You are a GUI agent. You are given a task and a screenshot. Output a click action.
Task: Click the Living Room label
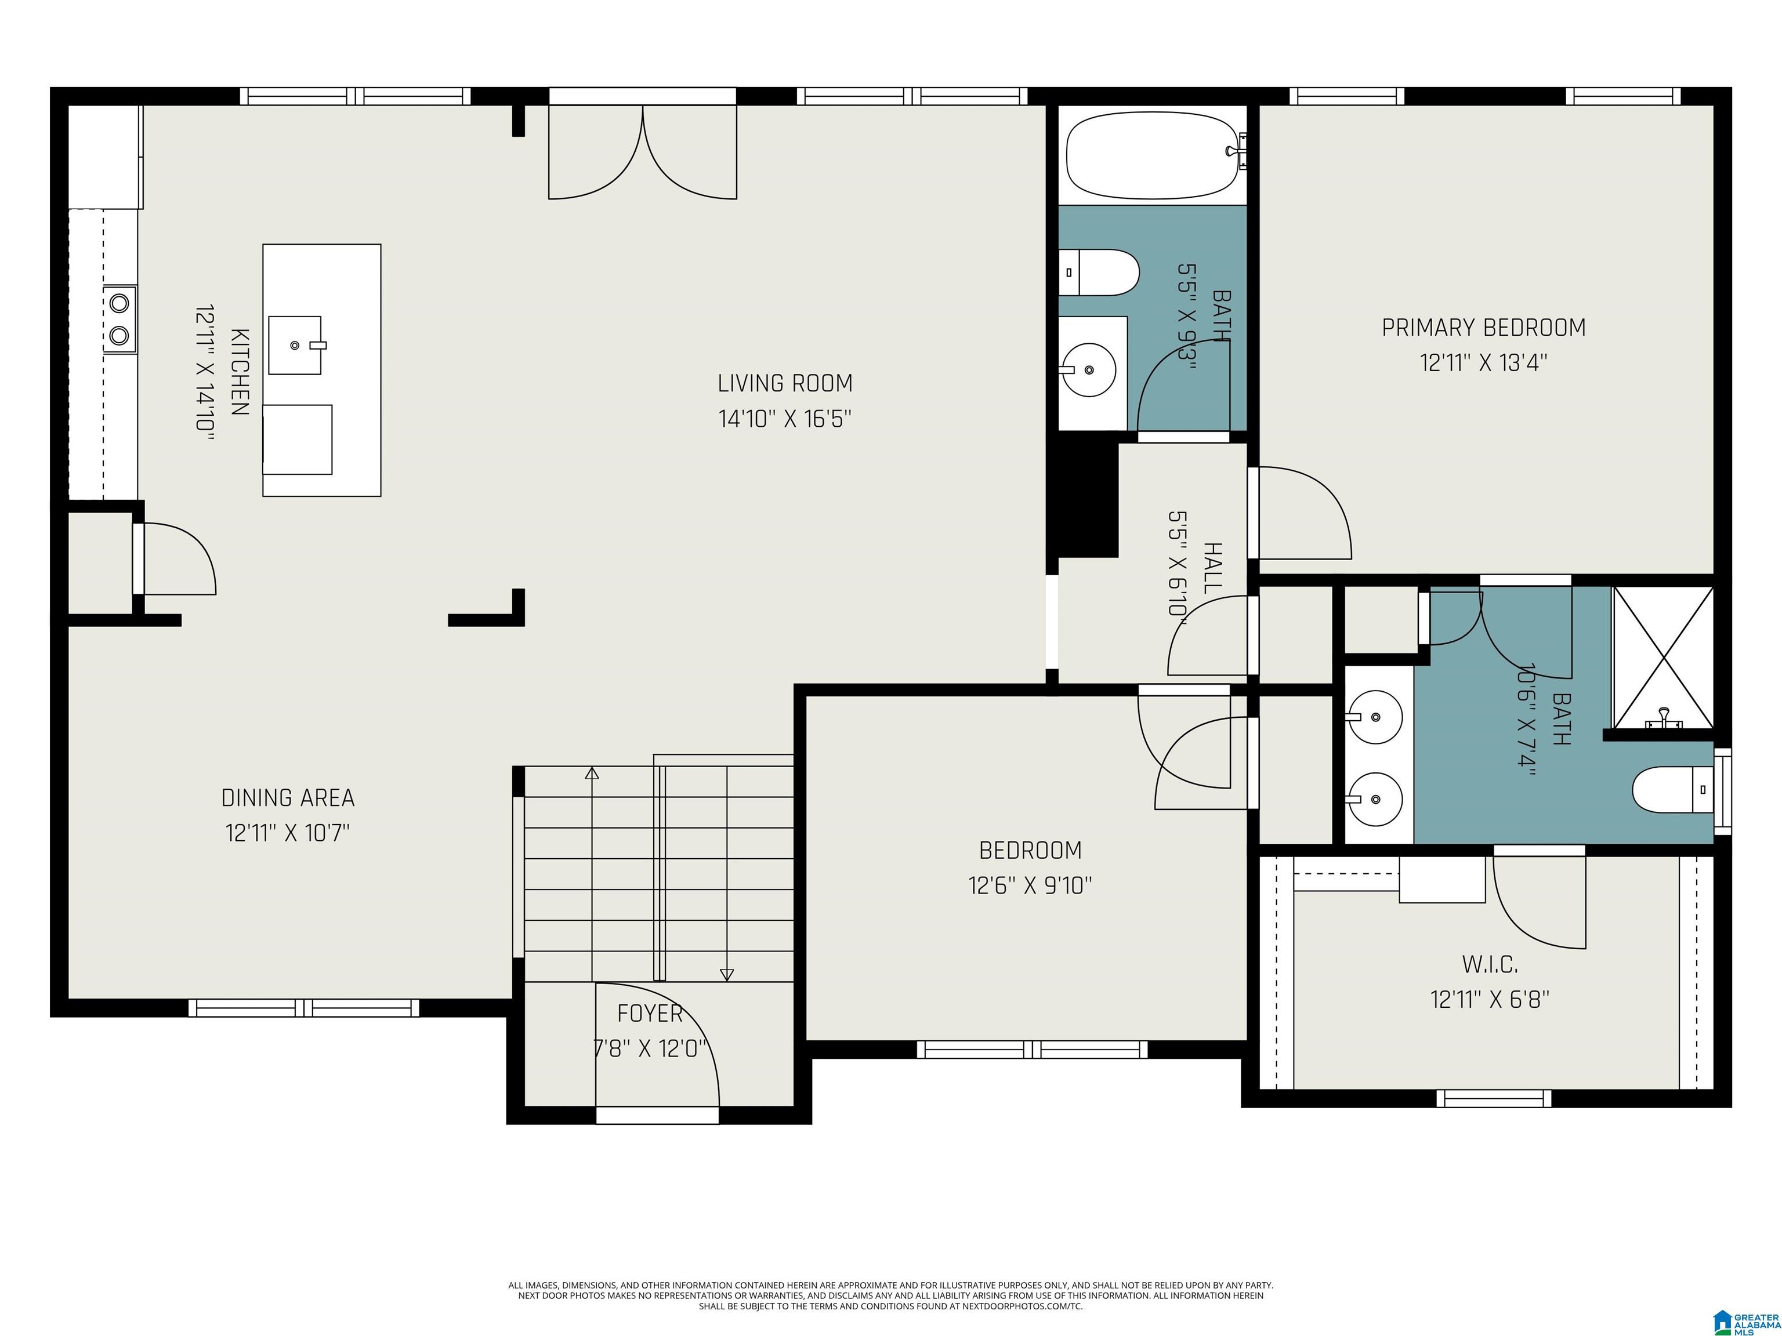785,383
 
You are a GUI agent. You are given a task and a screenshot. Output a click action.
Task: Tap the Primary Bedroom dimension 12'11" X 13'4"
1484,363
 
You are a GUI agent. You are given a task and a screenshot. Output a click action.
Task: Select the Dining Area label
288,798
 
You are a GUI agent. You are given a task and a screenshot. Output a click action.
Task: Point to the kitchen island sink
295,346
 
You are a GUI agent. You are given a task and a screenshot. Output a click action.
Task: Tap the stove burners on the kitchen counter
120,319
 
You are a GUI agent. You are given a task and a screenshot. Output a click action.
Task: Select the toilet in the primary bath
1672,790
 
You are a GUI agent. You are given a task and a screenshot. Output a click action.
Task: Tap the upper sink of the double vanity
1375,716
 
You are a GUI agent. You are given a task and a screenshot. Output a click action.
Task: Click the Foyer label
650,1013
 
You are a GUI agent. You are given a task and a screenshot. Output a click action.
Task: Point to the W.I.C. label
1490,964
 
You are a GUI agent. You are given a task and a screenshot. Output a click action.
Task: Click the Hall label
1212,568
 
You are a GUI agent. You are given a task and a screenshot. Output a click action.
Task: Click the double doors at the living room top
643,151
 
